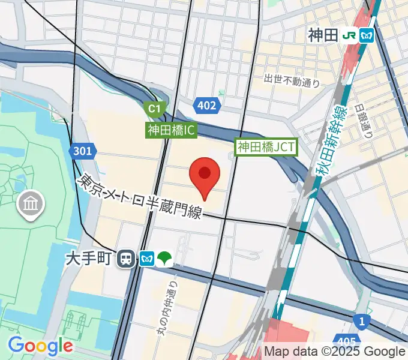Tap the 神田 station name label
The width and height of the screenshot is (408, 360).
tap(323, 35)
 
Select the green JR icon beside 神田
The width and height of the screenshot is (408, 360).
tap(349, 35)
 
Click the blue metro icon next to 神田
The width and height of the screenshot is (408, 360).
tap(367, 35)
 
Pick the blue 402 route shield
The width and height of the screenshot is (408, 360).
tap(206, 106)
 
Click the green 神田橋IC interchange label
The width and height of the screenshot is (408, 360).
tap(172, 130)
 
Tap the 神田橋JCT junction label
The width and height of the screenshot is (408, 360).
tap(266, 146)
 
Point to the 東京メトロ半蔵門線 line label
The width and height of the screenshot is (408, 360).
tap(142, 195)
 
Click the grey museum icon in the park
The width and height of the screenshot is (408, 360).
tap(31, 204)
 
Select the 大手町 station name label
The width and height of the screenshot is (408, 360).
tap(89, 259)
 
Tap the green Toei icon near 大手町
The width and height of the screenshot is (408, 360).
tap(165, 259)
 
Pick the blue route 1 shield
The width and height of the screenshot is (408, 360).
tap(361, 322)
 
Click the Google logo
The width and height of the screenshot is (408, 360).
tap(40, 346)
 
